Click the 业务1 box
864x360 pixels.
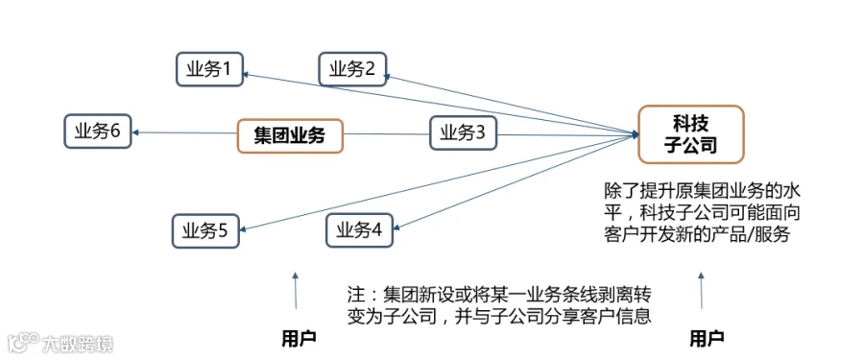coord(209,69)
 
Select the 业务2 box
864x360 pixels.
coord(352,69)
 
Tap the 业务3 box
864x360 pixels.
coord(463,132)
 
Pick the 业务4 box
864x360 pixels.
coord(359,230)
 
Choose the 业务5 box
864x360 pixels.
coord(205,231)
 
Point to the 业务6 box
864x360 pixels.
coord(98,132)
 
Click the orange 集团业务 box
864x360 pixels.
coord(290,135)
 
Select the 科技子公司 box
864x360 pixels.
coord(691,134)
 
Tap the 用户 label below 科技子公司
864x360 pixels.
coord(707,338)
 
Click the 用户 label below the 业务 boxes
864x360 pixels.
coord(299,338)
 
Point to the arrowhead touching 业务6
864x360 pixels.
coord(135,132)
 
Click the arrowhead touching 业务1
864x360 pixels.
coord(248,73)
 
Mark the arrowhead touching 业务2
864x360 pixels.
coord(390,77)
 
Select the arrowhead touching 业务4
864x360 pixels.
coord(397,228)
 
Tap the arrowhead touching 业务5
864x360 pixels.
coord(244,229)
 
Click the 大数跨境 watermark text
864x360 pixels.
coord(78,345)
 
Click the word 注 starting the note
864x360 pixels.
coord(354,294)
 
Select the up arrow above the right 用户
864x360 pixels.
coord(702,290)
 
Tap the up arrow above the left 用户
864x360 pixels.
coord(296,290)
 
